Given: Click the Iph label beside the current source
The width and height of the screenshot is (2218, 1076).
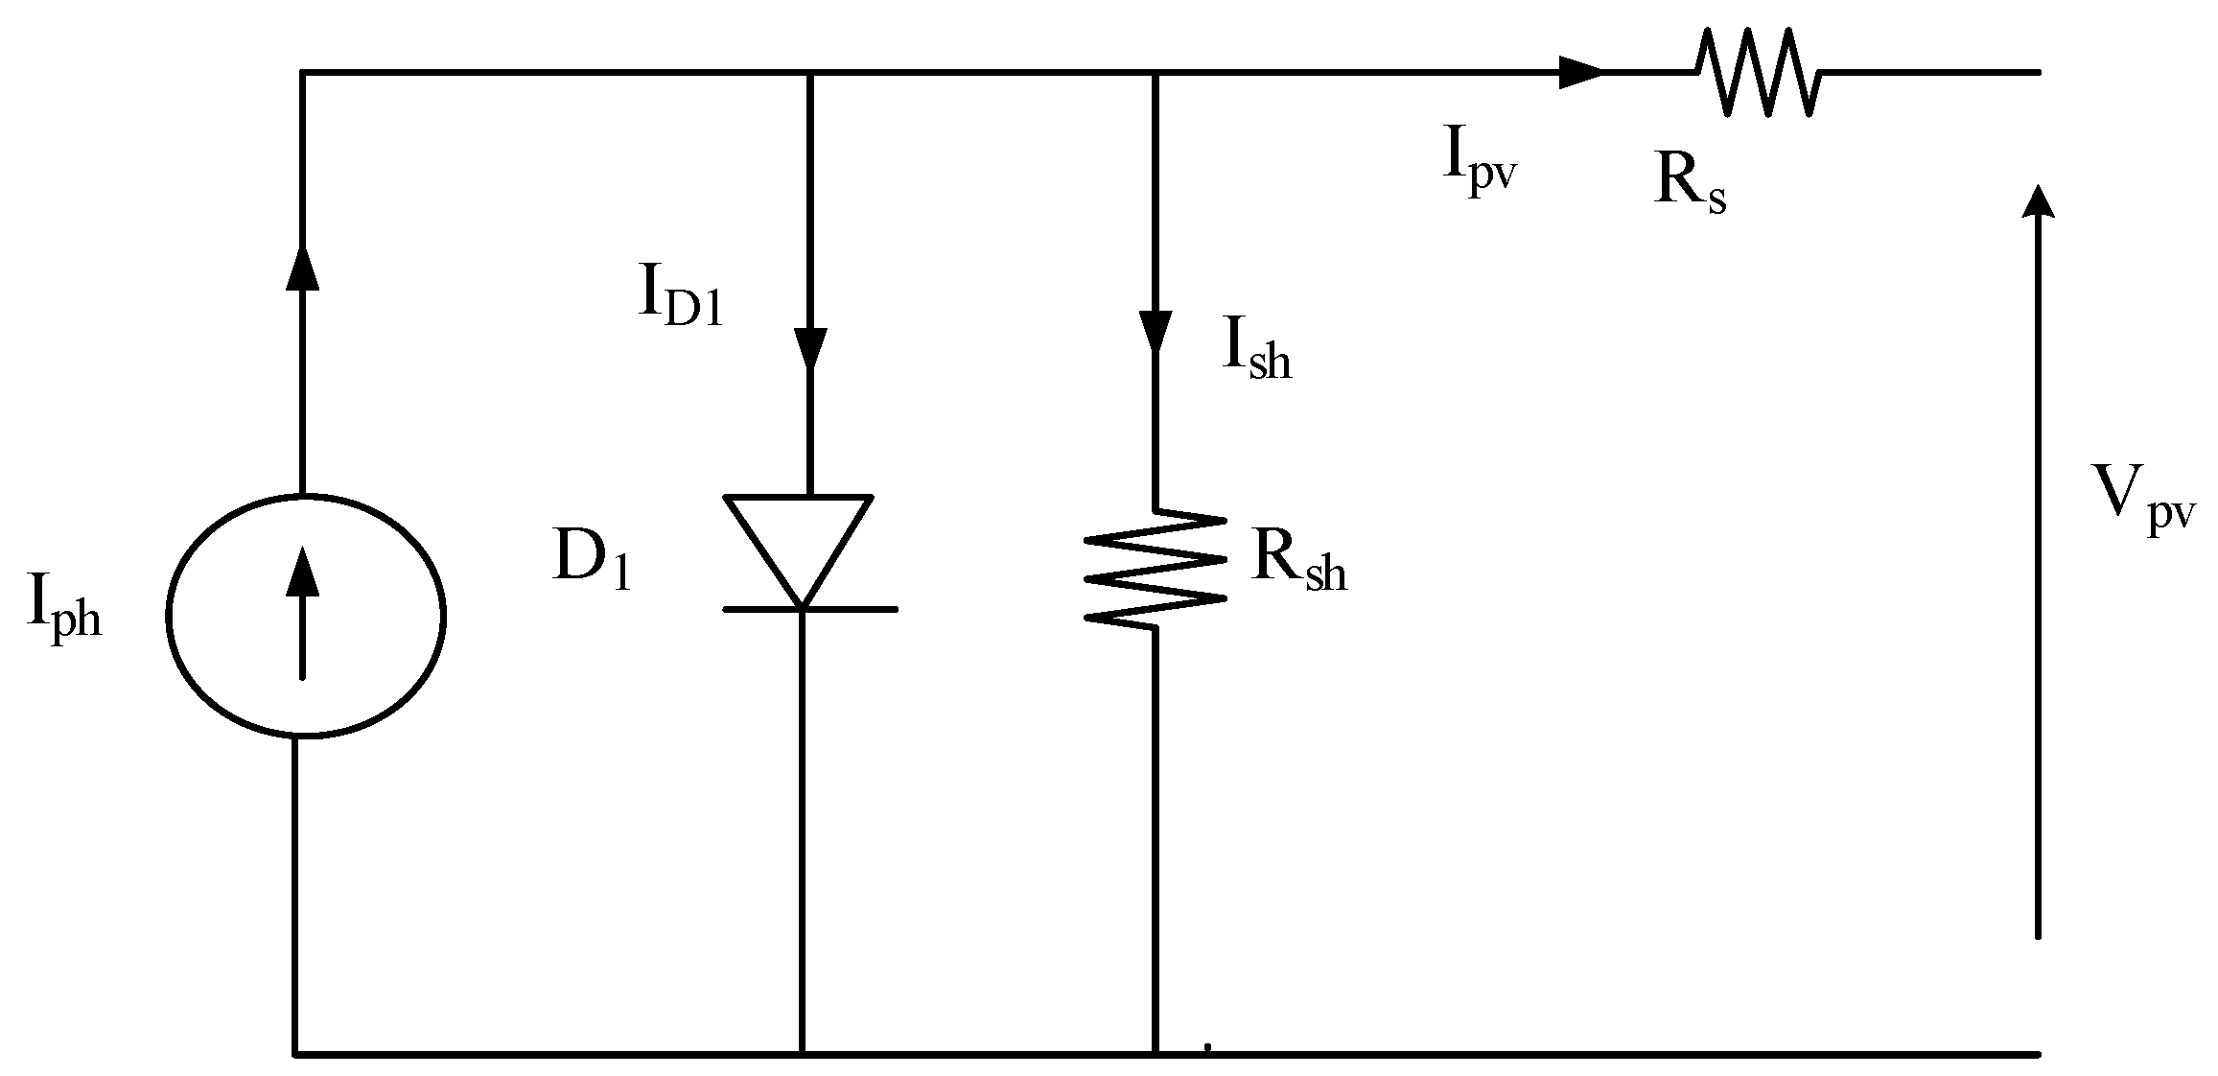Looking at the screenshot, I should (x=64, y=611).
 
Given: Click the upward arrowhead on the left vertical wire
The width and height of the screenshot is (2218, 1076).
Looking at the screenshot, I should (x=303, y=267).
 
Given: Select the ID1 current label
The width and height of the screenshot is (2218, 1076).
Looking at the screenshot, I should (x=680, y=299).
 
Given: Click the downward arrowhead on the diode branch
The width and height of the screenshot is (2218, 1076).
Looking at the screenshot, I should (x=810, y=347).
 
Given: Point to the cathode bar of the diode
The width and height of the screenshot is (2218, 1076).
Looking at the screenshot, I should (x=810, y=609).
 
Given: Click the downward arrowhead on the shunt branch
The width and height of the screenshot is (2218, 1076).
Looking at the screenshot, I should (x=1155, y=331).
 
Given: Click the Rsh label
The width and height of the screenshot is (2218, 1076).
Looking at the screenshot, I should (x=1298, y=563).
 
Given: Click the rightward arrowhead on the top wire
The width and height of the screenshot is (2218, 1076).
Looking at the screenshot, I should (x=1579, y=72).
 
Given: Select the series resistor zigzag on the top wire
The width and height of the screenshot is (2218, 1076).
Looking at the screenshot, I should (x=1758, y=72).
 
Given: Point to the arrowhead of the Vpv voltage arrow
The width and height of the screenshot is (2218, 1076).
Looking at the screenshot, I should (x=2037, y=203).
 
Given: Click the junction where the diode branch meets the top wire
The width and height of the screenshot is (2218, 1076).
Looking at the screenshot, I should (x=810, y=72).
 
